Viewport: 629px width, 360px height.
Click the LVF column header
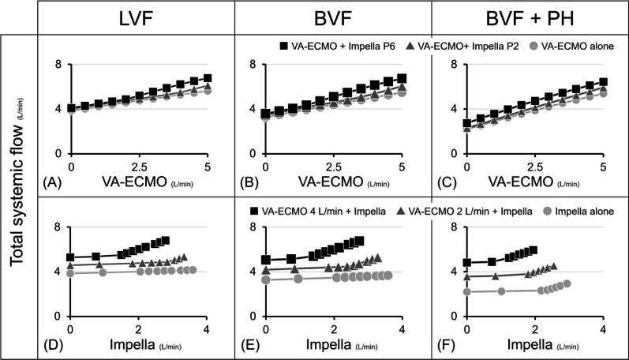coord(136,18)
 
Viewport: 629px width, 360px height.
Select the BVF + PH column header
coord(530,18)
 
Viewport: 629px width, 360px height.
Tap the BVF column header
coord(333,18)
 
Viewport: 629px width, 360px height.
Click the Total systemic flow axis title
coord(17,181)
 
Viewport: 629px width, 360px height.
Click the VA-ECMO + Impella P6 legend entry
coord(337,46)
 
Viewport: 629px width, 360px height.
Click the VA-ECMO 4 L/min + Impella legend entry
coord(317,211)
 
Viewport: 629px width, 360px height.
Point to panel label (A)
coord(52,182)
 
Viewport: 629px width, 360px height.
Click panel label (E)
coord(249,345)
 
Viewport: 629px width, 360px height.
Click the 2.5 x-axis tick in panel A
coord(140,167)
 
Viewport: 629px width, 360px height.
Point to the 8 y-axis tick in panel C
coord(454,64)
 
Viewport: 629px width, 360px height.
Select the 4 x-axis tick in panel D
coord(207,330)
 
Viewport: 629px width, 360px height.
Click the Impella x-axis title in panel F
coord(543,345)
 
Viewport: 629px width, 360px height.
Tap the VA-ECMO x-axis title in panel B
coord(343,182)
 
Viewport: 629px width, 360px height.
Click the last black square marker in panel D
coord(165,241)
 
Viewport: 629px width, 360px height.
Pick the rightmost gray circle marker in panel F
coord(567,283)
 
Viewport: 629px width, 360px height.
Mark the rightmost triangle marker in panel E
coord(377,257)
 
